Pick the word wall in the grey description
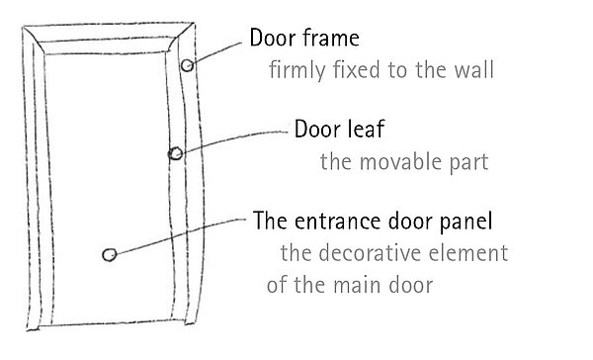[474, 69]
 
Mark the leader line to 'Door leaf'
[235, 139]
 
